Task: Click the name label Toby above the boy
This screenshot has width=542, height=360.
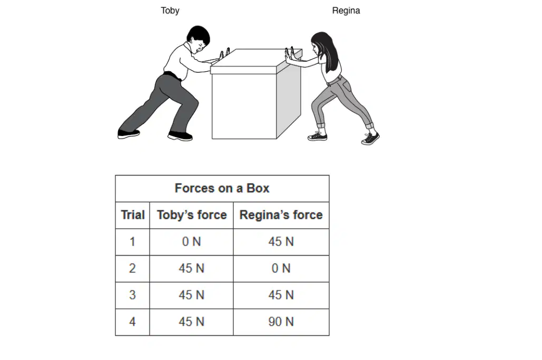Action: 170,11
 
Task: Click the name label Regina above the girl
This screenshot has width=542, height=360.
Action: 346,11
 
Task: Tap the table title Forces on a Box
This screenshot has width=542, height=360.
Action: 222,188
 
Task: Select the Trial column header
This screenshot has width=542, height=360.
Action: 132,215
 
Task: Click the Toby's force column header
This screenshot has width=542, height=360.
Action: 192,215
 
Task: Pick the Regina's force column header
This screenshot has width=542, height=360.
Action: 281,215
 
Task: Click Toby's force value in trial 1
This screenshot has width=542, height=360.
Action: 192,241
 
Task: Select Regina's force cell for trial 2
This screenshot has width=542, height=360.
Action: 281,268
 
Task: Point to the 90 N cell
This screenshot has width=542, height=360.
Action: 281,322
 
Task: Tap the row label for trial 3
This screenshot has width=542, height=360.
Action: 132,295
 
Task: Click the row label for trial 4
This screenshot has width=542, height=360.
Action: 132,322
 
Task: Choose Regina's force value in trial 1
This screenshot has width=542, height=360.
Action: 281,241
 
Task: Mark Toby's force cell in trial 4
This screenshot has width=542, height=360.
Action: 192,322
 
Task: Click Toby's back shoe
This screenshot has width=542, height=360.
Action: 128,133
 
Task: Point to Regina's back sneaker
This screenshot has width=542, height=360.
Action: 370,138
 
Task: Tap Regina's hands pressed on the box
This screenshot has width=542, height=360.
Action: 289,55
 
